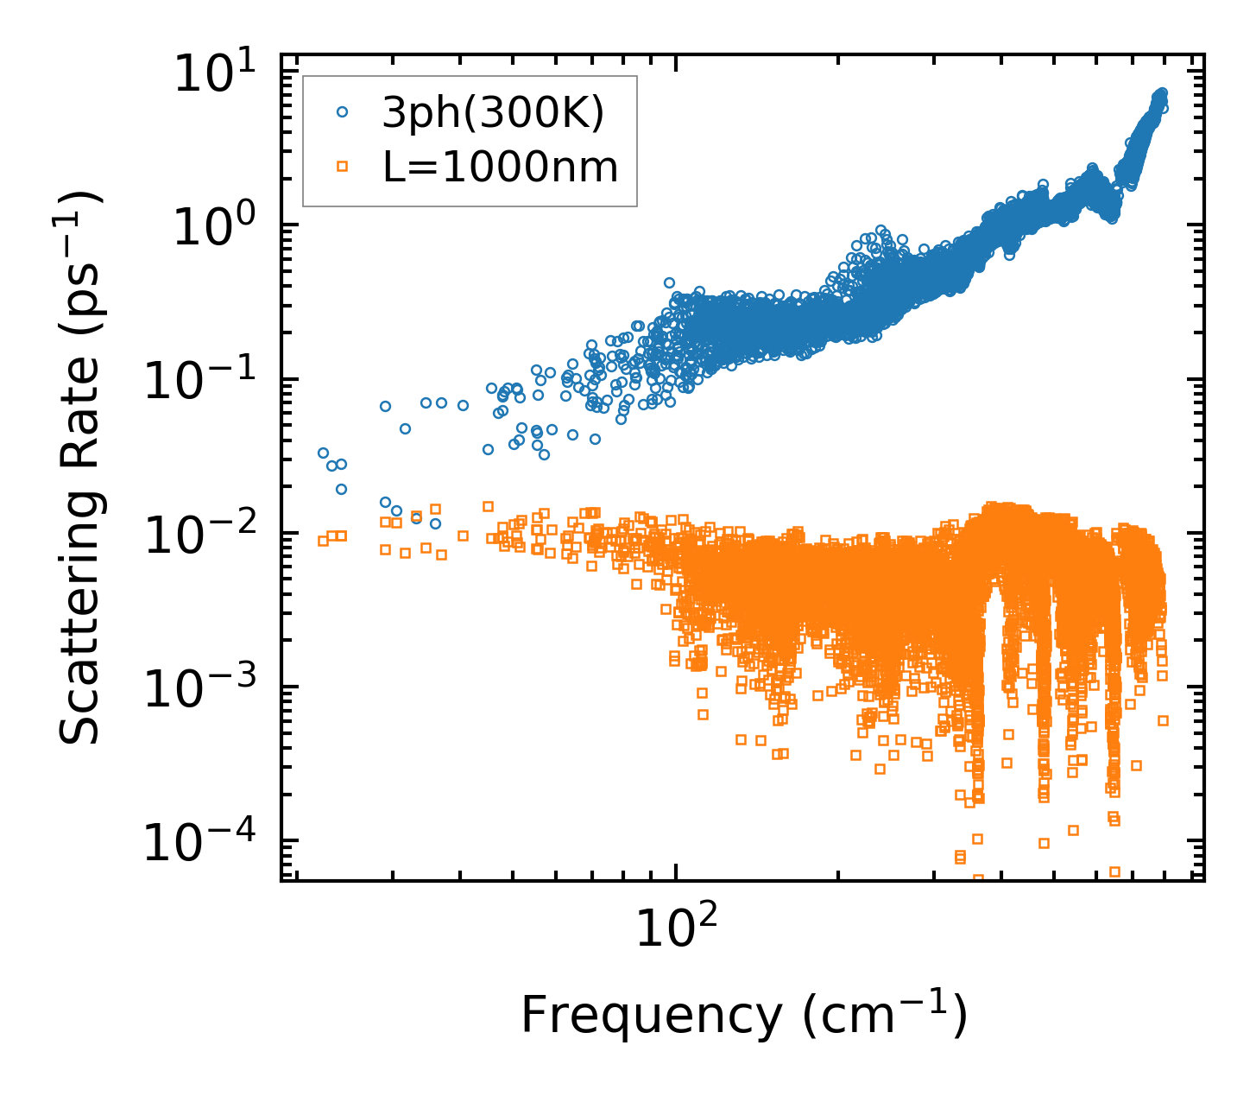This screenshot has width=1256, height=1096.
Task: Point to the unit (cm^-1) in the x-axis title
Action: coord(885,1016)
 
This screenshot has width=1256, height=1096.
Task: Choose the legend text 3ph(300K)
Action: coord(493,113)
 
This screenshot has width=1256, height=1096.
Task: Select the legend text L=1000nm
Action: coord(501,167)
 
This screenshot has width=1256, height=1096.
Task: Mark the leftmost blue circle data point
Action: coord(323,453)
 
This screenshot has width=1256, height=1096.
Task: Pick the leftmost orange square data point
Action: coord(323,541)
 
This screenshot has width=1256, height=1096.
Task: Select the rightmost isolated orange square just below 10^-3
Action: coord(1163,720)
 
